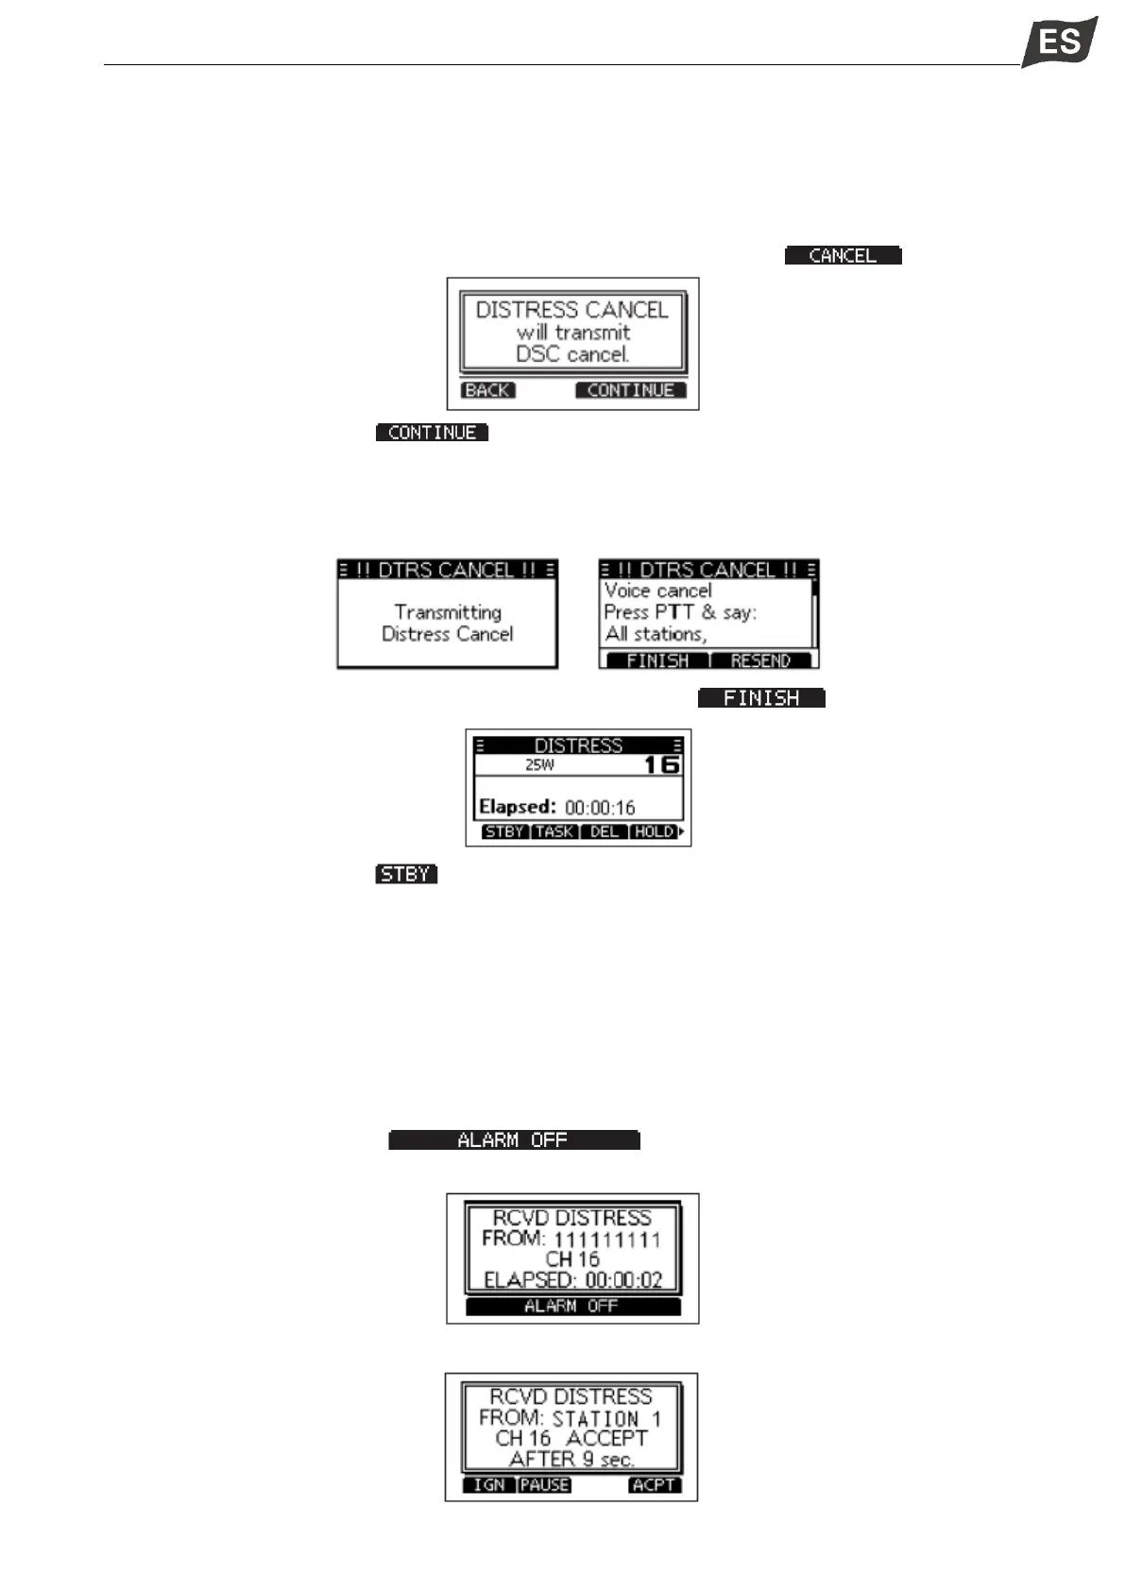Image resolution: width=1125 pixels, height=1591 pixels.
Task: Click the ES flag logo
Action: pyautogui.click(x=1059, y=43)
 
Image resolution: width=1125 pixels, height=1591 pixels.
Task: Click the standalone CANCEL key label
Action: pyautogui.click(x=843, y=256)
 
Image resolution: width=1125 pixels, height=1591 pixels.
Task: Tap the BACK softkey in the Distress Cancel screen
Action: pyautogui.click(x=487, y=390)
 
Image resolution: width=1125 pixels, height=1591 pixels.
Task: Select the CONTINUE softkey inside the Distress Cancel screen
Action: pyautogui.click(x=630, y=390)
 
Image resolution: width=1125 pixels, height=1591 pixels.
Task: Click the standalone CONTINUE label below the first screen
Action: pyautogui.click(x=432, y=433)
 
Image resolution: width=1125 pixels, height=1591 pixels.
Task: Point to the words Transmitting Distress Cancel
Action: pyautogui.click(x=448, y=624)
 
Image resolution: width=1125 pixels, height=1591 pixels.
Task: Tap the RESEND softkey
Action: pyautogui.click(x=760, y=660)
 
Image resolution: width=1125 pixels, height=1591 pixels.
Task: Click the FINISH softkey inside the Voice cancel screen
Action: pyautogui.click(x=657, y=660)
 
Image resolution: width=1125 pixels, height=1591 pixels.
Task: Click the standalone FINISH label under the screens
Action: pyautogui.click(x=761, y=698)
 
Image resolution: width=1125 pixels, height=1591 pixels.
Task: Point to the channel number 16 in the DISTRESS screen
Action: pyautogui.click(x=661, y=764)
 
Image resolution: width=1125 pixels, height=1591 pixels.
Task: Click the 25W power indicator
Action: pyautogui.click(x=539, y=765)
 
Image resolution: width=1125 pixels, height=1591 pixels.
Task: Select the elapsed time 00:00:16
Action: pyautogui.click(x=600, y=808)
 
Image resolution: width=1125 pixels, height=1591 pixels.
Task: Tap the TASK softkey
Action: pyautogui.click(x=554, y=831)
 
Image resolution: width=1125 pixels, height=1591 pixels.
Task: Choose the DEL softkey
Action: pyautogui.click(x=605, y=831)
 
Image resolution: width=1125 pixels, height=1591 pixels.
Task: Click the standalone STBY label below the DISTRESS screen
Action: pyautogui.click(x=406, y=874)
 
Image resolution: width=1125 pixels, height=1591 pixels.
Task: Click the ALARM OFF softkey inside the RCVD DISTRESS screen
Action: pyautogui.click(x=571, y=1306)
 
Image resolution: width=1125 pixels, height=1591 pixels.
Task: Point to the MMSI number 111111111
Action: pyautogui.click(x=607, y=1240)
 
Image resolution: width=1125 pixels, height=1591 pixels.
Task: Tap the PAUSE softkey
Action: pyautogui.click(x=545, y=1485)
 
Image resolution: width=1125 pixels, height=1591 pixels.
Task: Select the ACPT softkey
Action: pyautogui.click(x=654, y=1485)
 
